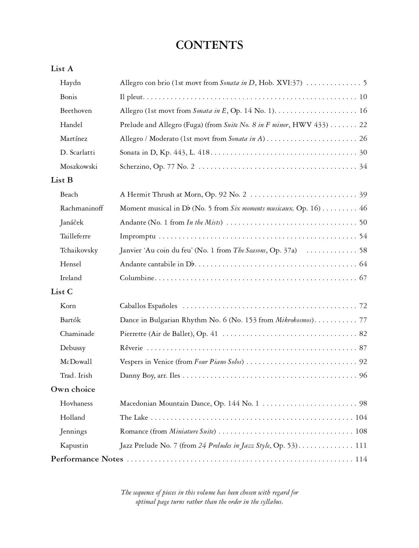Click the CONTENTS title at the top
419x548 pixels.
click(x=209, y=45)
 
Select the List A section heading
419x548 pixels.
click(x=62, y=69)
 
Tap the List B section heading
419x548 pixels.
click(x=62, y=180)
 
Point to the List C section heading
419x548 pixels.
click(x=62, y=292)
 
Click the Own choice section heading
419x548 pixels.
click(x=73, y=389)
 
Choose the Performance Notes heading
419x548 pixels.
click(x=87, y=459)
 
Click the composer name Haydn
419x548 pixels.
click(x=70, y=83)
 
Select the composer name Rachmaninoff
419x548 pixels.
click(x=82, y=208)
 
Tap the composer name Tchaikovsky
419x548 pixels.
click(x=79, y=250)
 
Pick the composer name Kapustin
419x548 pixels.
click(x=74, y=446)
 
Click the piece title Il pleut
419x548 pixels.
click(x=131, y=97)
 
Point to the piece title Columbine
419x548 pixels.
click(x=137, y=278)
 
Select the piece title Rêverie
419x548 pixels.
click(x=131, y=348)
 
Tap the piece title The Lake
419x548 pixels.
click(x=134, y=418)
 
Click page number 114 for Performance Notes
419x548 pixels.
click(x=361, y=459)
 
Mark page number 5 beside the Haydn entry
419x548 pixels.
click(x=365, y=83)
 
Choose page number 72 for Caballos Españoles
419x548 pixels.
click(x=363, y=306)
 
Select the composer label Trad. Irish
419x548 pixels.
click(x=76, y=376)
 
